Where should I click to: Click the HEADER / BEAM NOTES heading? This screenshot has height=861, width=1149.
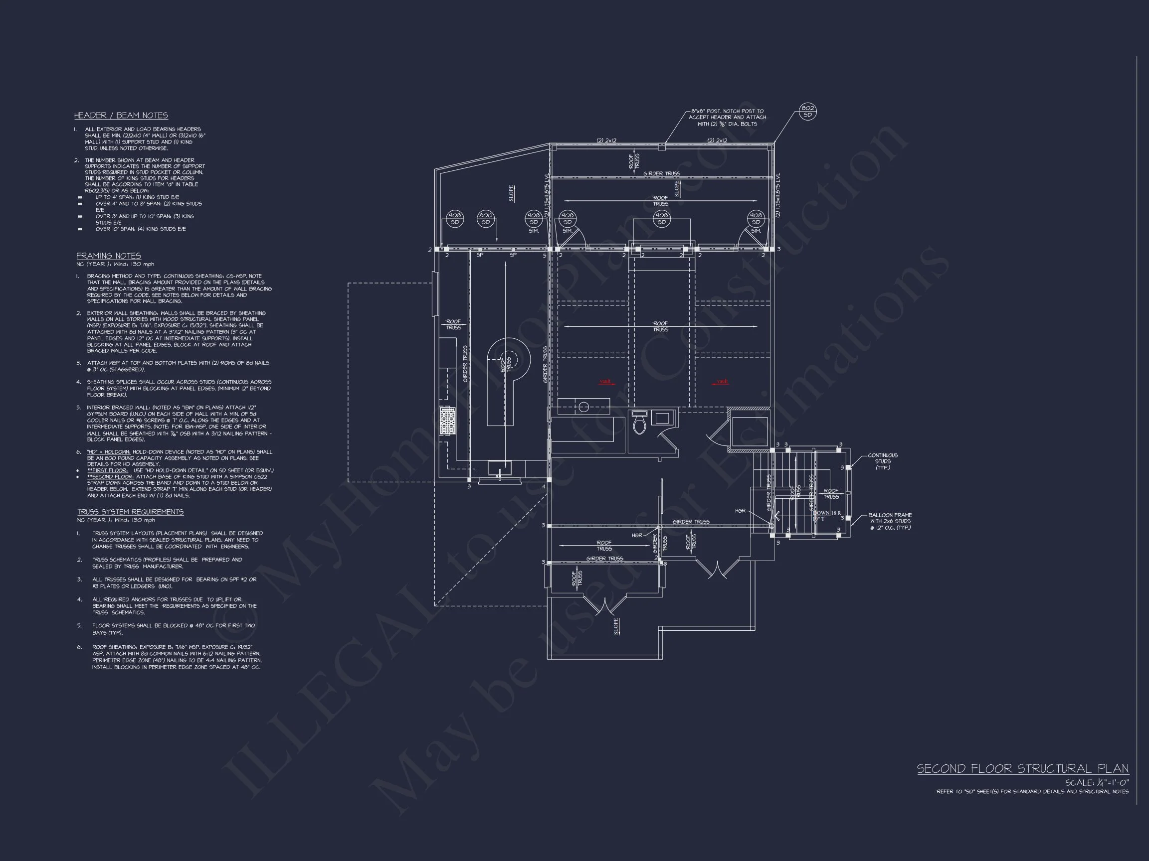pos(121,115)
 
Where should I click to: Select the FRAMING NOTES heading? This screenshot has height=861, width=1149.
pos(109,256)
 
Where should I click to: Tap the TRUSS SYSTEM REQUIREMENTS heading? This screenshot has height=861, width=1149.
pos(130,512)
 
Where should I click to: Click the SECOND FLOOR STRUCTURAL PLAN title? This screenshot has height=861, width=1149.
pos(1022,769)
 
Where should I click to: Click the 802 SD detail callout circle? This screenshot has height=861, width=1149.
pos(807,112)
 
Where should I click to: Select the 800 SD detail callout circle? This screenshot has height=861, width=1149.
pos(485,219)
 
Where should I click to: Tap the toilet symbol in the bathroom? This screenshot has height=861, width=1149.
pos(639,425)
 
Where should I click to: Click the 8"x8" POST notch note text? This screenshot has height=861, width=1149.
pos(727,117)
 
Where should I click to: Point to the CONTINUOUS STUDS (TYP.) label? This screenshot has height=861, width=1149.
pos(883,461)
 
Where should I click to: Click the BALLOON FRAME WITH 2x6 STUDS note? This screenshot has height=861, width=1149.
pos(890,522)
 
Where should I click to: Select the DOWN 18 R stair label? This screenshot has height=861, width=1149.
pos(827,513)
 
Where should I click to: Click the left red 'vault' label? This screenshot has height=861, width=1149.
pos(605,382)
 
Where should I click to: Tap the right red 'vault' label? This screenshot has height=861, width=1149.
pos(722,382)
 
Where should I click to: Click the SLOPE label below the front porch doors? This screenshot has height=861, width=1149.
pos(616,626)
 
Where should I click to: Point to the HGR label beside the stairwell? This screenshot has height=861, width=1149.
pos(740,511)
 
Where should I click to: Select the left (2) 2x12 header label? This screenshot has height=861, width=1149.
pos(606,141)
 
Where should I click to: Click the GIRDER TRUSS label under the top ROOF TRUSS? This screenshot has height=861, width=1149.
pos(661,173)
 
